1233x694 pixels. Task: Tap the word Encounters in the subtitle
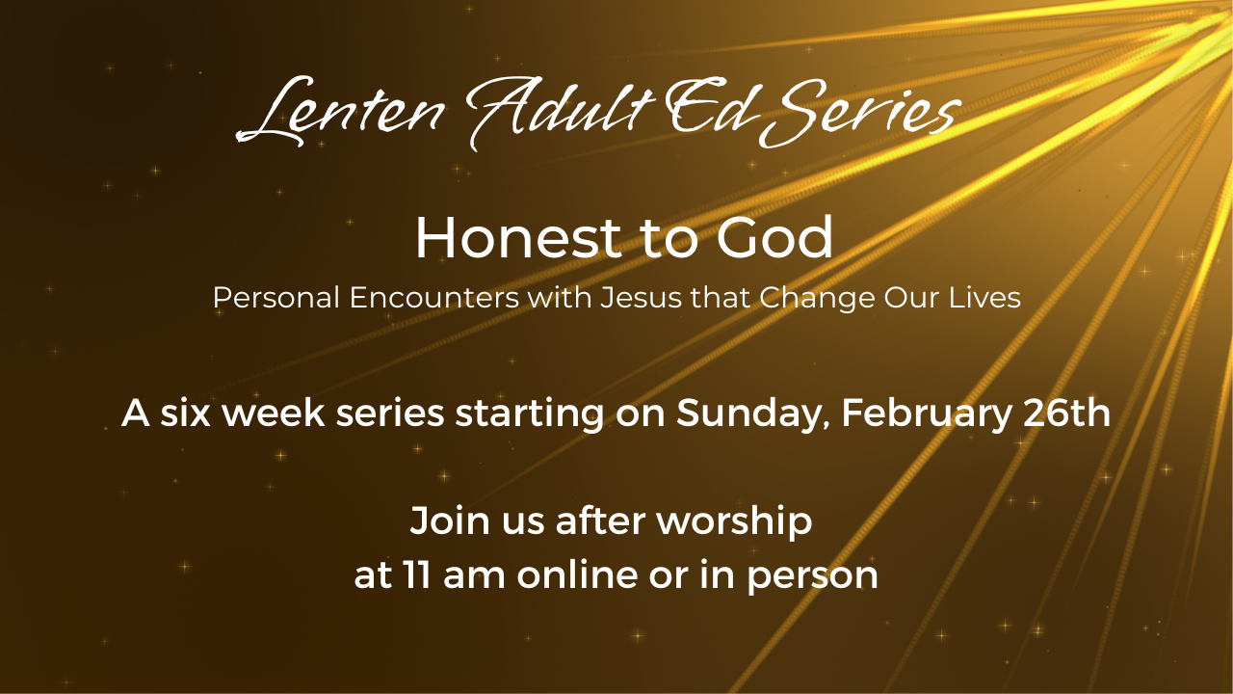433,298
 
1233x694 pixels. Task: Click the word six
185,413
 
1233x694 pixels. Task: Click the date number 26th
1066,413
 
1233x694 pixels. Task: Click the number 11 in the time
417,575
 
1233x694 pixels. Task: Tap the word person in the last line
812,577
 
